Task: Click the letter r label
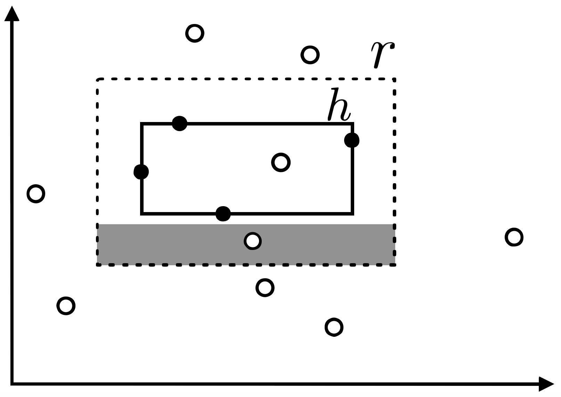[382, 54]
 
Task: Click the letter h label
[339, 105]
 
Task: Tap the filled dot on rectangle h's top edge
[180, 123]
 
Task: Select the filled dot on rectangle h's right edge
[352, 140]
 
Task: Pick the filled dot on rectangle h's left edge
[141, 172]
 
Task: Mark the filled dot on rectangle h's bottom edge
[223, 213]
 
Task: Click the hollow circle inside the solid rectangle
[281, 162]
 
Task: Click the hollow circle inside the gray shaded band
[253, 241]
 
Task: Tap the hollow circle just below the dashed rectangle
[265, 287]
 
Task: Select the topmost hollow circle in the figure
[195, 33]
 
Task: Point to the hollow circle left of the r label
[310, 55]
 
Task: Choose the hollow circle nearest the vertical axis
[36, 193]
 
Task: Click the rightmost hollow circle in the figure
[514, 237]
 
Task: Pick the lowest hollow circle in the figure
[334, 327]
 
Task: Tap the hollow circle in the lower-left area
[66, 306]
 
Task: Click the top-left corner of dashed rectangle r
[98, 80]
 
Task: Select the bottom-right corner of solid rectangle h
[352, 213]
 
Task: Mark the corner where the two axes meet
[12, 384]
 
